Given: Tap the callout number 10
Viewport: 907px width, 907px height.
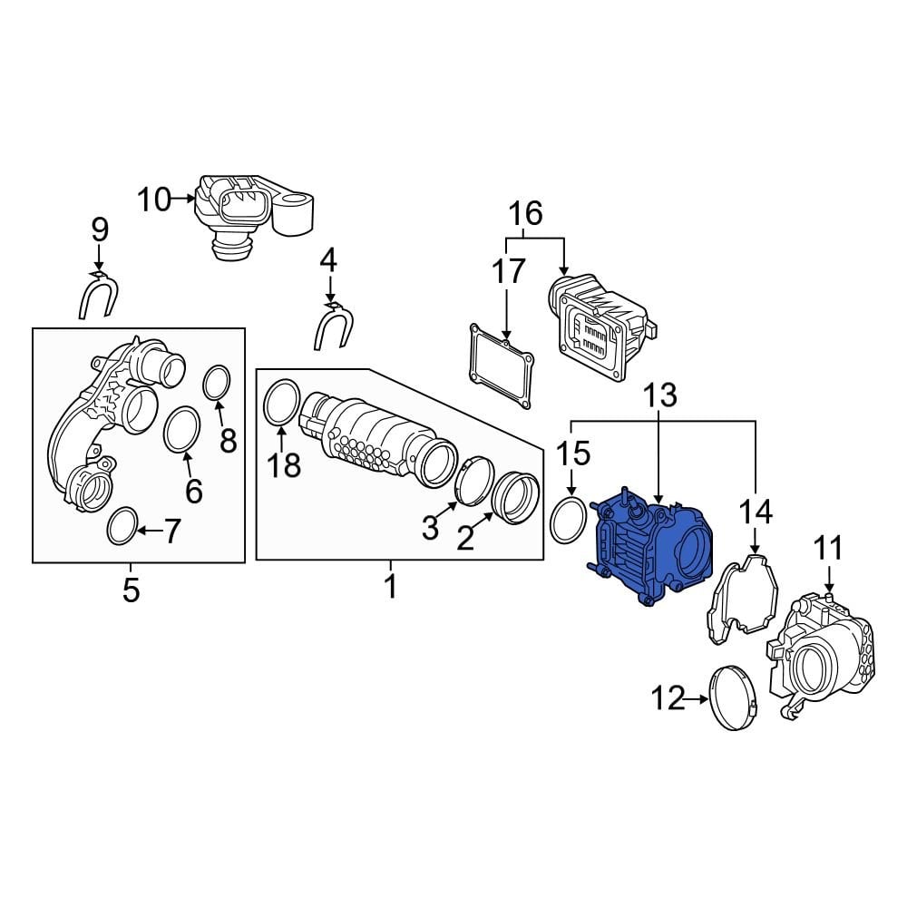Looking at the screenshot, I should coord(154,199).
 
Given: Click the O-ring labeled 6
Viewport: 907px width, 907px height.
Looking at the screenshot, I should coord(182,428).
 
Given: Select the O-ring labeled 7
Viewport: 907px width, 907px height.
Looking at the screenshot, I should coord(122,527).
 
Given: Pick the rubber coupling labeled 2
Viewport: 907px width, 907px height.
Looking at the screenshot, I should coord(515,498).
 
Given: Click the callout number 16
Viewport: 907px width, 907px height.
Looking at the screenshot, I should coord(525,215).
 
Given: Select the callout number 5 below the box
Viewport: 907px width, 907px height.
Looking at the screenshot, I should coord(132,590).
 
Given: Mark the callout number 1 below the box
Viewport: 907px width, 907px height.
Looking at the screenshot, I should coord(391,586).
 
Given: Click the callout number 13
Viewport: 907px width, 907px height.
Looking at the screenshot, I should coord(660,396).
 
